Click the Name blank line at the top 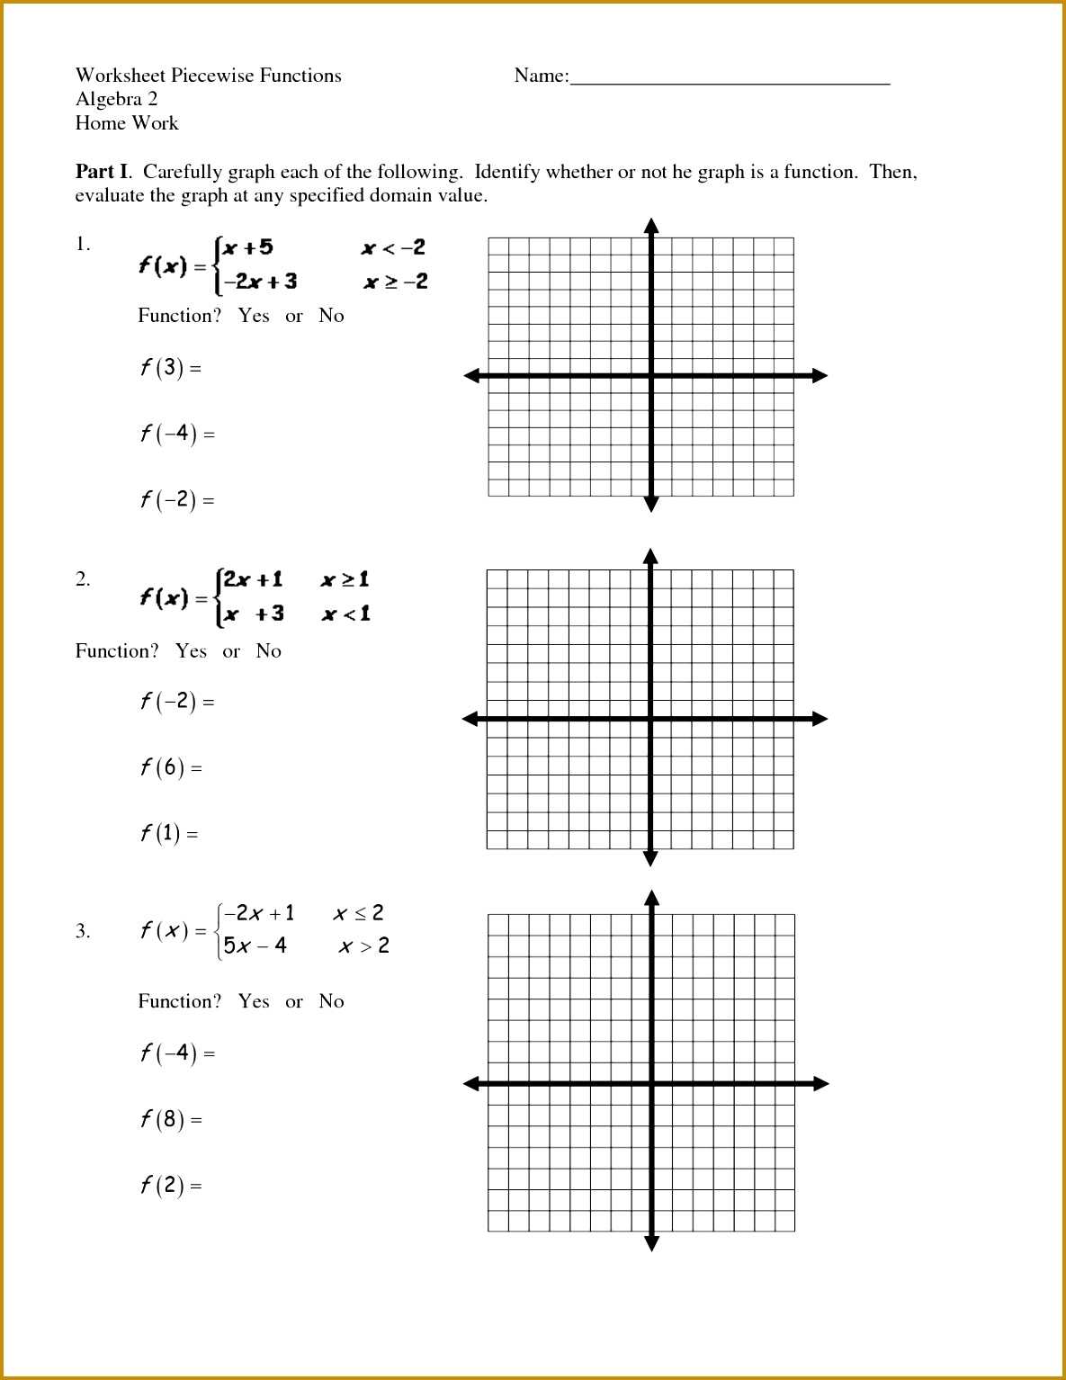(730, 81)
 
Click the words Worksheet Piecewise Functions (209, 76)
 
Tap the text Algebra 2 (117, 99)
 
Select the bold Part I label (103, 172)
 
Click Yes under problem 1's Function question (254, 316)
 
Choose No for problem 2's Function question (268, 651)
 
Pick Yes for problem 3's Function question (254, 1001)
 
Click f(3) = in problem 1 (170, 367)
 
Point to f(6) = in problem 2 (171, 767)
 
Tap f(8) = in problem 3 (171, 1119)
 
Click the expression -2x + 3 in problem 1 (260, 282)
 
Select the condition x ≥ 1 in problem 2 (345, 579)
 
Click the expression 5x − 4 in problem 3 (255, 945)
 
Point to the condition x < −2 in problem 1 (393, 247)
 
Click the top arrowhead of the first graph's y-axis (651, 225)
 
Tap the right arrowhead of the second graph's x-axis (820, 719)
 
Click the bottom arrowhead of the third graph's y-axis (652, 1243)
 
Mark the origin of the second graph (651, 719)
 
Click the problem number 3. (83, 931)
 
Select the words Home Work (127, 123)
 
